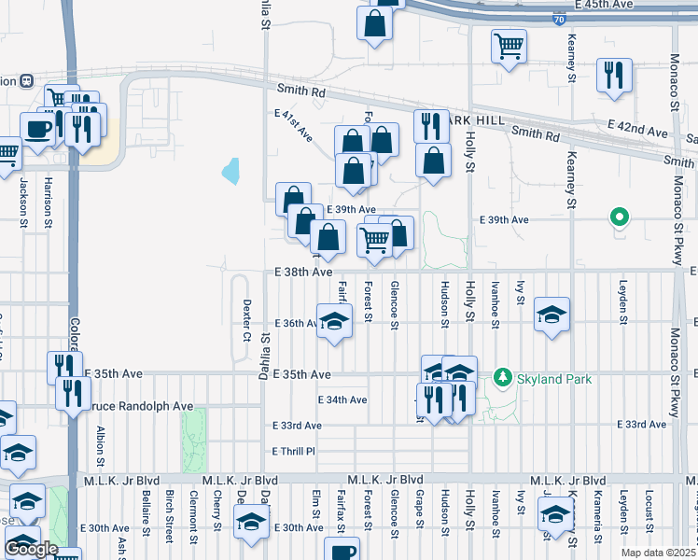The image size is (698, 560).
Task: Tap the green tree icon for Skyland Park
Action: tap(503, 375)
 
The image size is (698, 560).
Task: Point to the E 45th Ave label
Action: tap(604, 5)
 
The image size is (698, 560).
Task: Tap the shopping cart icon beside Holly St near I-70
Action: tap(509, 45)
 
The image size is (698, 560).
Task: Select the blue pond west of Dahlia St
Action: tap(230, 171)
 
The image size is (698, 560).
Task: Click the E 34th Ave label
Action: tap(342, 399)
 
